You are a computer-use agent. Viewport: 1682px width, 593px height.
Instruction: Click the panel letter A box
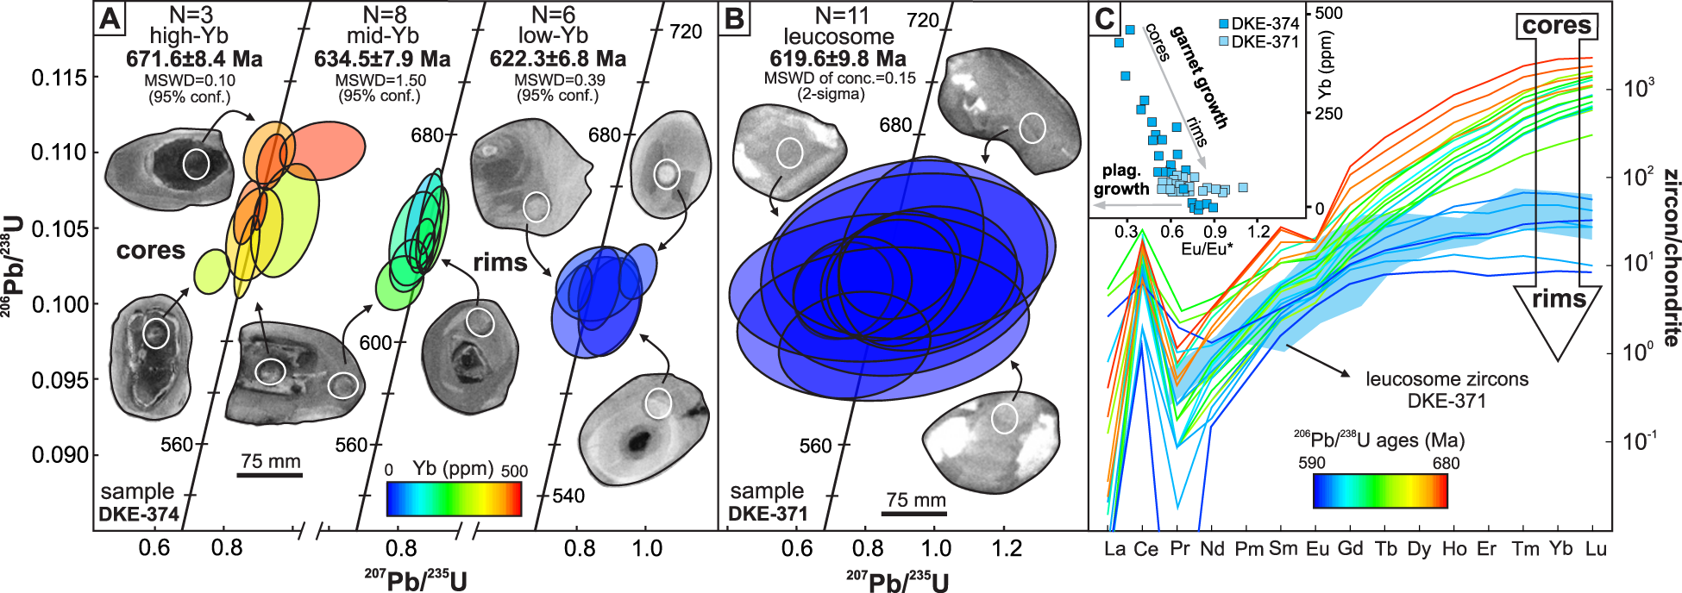pyautogui.click(x=110, y=17)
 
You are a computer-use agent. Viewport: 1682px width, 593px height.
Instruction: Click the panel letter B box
pyautogui.click(x=735, y=17)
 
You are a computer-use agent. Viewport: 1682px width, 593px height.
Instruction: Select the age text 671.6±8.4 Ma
pyautogui.click(x=194, y=59)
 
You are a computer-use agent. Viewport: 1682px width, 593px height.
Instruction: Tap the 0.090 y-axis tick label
pyautogui.click(x=60, y=455)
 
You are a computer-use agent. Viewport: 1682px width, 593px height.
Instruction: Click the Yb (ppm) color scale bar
pyautogui.click(x=454, y=498)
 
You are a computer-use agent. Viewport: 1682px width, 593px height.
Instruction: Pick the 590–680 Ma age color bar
pyautogui.click(x=1379, y=490)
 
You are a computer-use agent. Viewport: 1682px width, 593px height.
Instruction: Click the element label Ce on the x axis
pyautogui.click(x=1145, y=549)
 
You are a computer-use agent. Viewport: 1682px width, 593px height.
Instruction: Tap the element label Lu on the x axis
pyautogui.click(x=1595, y=549)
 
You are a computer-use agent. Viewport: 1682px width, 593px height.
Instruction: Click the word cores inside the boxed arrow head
pyautogui.click(x=1556, y=25)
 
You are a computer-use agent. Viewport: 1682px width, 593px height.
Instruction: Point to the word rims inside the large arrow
pyautogui.click(x=1559, y=298)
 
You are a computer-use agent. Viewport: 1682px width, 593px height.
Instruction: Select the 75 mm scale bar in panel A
pyautogui.click(x=270, y=473)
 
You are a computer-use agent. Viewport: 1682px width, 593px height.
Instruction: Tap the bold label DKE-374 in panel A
pyautogui.click(x=139, y=515)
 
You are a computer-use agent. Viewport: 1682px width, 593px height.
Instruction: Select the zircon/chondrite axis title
pyautogui.click(x=1669, y=259)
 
